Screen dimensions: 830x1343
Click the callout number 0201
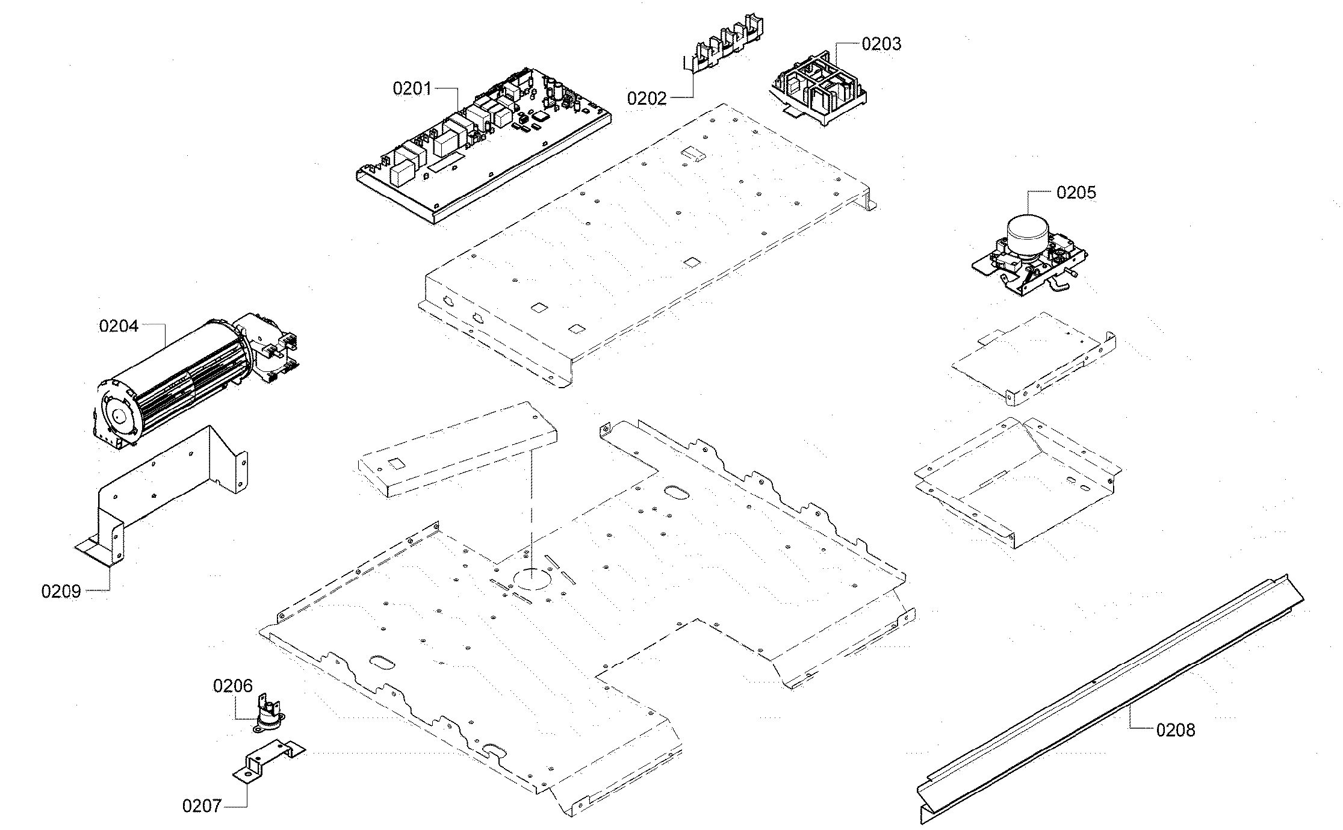click(x=412, y=88)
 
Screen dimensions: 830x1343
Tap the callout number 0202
click(x=647, y=98)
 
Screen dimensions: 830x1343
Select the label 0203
click(x=881, y=44)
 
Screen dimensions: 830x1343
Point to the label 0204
click(x=119, y=326)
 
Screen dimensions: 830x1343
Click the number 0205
click(x=1076, y=193)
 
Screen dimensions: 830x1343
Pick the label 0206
click(x=232, y=686)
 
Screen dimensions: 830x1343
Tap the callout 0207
click(x=202, y=806)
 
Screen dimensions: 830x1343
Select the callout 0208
click(x=1175, y=730)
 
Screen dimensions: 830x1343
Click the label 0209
click(x=61, y=591)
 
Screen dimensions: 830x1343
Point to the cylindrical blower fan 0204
click(x=175, y=379)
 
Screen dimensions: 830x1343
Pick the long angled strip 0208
click(x=1108, y=701)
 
